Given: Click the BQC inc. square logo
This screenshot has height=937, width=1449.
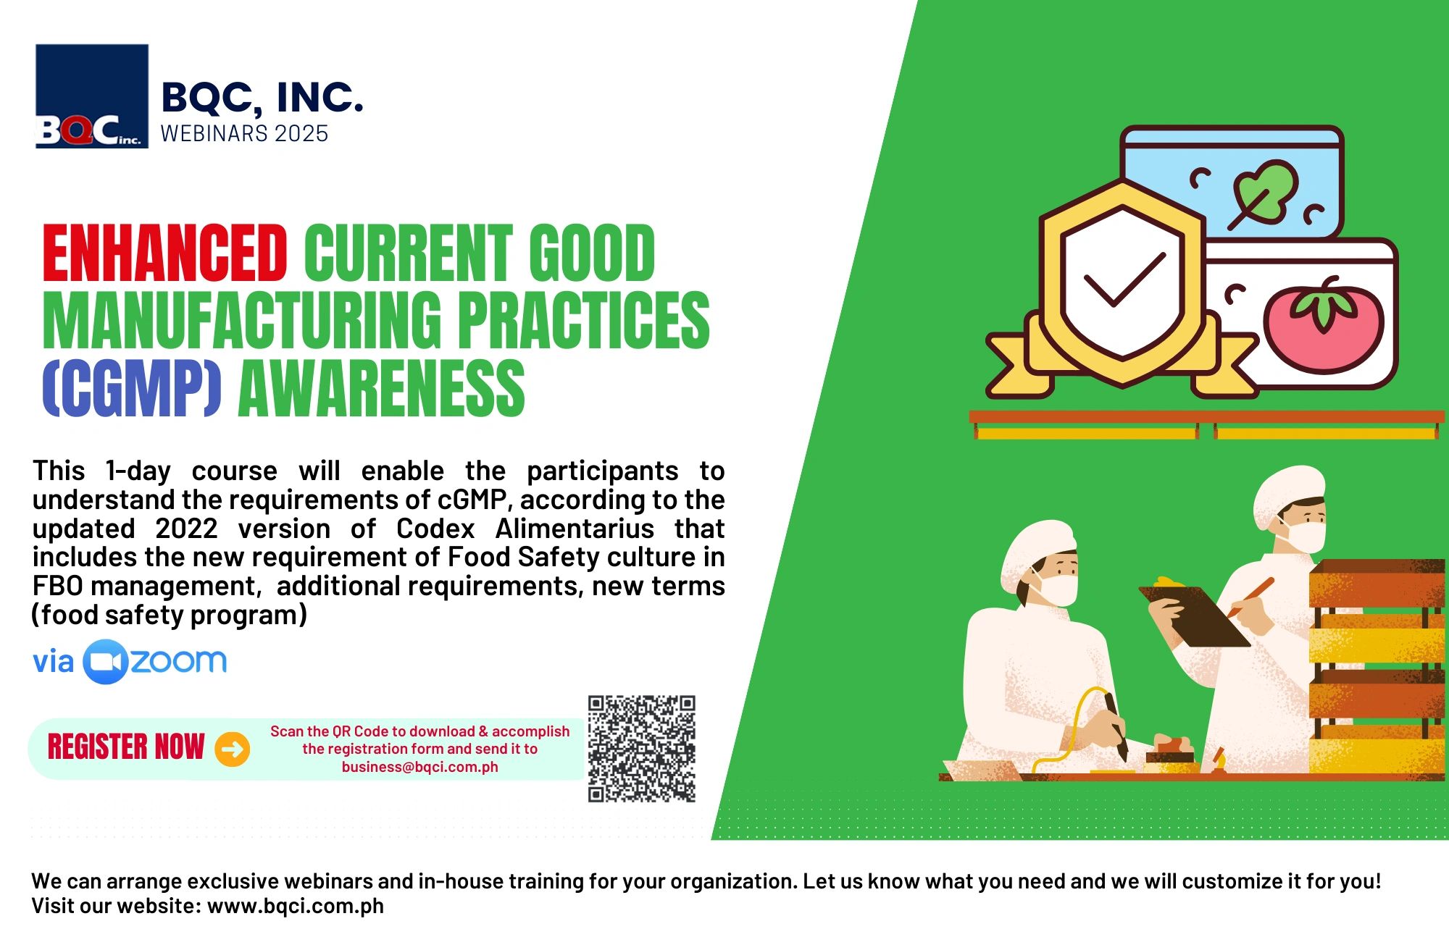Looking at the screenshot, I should pos(92,96).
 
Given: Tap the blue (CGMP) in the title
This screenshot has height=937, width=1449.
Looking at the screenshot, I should pos(132,389).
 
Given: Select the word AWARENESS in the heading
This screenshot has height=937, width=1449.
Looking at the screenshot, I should pos(381,389).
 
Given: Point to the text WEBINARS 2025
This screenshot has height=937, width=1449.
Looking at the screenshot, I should pos(244,134).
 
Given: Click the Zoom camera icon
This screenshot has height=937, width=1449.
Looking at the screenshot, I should pos(106,662).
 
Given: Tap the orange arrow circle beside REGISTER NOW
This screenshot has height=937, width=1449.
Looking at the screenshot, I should pos(233,749).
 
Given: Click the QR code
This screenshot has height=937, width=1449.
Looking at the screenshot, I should pos(641,749).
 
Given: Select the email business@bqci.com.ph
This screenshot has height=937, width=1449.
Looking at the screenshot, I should pos(420,767).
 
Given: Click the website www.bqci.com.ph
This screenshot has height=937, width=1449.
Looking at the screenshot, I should pos(296,906).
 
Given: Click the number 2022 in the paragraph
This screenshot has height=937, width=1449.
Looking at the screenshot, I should pos(186,529).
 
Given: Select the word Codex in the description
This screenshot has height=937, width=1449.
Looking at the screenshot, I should pos(435,529).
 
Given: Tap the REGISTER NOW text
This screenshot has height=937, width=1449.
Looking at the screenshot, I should pos(126,747).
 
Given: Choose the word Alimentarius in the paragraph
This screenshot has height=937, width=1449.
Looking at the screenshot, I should pos(575,529).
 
